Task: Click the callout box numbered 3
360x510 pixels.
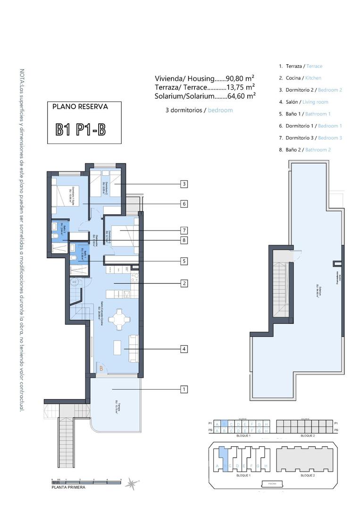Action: (184, 184)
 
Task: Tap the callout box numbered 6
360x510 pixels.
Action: (184, 204)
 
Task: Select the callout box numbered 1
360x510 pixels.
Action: (184, 390)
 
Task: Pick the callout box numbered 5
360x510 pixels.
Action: (184, 261)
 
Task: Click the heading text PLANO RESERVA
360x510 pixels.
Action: (80, 107)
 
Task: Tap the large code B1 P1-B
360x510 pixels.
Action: (80, 129)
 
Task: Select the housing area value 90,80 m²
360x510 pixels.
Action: (241, 78)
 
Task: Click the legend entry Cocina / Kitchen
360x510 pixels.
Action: (300, 78)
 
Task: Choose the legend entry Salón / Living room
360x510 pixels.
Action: (303, 102)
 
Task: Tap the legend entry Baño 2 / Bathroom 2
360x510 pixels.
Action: (305, 150)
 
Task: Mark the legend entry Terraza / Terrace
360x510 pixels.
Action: (301, 66)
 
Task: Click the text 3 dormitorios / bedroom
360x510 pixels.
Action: (199, 110)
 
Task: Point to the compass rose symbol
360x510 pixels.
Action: (134, 483)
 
